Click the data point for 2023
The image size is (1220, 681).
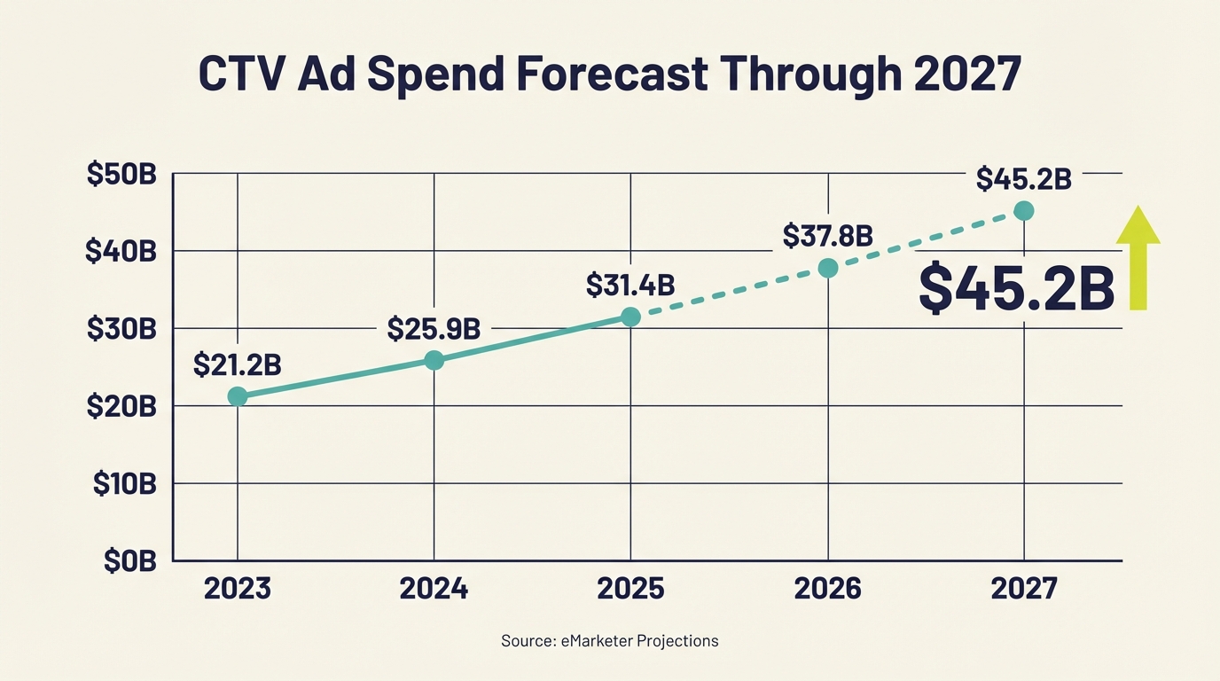[x=237, y=396]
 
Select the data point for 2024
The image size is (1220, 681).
[x=434, y=360]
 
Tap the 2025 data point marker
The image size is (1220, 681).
[x=630, y=317]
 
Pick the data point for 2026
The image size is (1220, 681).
[x=827, y=268]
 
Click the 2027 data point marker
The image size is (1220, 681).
[x=1024, y=210]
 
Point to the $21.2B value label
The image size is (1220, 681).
[x=237, y=364]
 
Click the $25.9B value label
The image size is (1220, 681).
[x=434, y=329]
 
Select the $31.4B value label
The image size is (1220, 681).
[x=630, y=286]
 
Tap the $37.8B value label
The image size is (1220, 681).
[x=827, y=236]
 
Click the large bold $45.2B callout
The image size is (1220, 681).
[x=1016, y=288]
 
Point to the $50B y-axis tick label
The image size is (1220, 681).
[x=121, y=175]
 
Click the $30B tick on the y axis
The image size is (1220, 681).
[x=121, y=329]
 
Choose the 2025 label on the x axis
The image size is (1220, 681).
[x=630, y=589]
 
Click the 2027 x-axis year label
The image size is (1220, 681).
[x=1024, y=589]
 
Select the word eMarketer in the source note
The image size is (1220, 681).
[x=593, y=640]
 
